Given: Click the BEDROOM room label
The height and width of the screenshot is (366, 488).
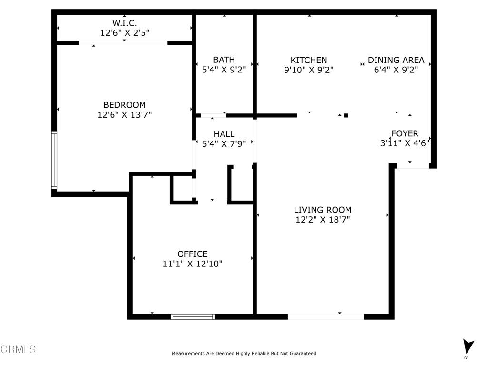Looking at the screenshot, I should point(124,105).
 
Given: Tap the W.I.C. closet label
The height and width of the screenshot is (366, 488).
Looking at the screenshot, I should point(124,22).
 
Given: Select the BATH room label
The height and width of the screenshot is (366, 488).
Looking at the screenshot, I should point(224,60).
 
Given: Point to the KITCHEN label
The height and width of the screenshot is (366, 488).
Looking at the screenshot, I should point(309,60).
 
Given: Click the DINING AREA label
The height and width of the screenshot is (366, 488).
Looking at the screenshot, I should point(396,60).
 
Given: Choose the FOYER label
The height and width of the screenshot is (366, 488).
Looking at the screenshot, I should point(405,133).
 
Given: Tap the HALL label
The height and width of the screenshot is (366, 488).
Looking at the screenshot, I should point(224,134).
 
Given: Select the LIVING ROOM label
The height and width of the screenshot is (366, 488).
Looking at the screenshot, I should point(323,210).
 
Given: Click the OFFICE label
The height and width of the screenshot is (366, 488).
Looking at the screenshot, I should point(193,254).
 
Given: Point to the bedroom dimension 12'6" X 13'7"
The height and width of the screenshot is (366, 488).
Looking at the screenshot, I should point(124,115).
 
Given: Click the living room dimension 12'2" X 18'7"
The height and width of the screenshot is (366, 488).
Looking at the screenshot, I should point(323,220).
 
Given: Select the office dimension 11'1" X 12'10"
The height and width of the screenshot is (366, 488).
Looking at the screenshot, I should point(193,264).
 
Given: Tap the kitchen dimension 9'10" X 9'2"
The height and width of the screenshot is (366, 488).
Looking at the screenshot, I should point(309,70).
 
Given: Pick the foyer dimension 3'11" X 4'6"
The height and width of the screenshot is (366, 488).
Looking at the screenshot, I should point(405,143).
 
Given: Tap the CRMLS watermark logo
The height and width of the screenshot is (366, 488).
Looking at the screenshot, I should point(18,349).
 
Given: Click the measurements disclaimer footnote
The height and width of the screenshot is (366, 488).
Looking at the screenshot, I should point(244,354).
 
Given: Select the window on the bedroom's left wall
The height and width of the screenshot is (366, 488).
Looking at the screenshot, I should point(54,161).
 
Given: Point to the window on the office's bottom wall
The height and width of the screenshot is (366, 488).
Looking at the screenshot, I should point(193,316).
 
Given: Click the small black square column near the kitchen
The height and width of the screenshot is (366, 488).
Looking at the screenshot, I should point(346,115).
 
